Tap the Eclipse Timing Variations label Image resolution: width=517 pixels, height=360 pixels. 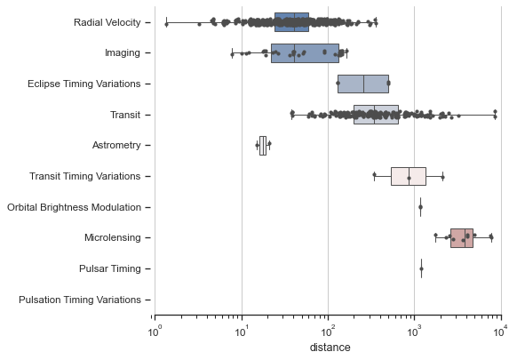click(84, 84)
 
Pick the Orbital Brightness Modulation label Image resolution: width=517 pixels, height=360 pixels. click(75, 207)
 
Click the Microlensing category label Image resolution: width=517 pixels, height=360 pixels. click(109, 238)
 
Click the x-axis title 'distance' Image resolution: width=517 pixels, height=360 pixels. click(330, 348)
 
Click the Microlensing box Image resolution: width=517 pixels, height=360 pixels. click(462, 237)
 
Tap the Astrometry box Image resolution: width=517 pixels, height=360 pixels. click(262, 145)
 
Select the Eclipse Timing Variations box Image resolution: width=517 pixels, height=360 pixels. click(362, 84)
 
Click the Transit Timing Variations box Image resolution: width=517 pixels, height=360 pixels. click(408, 176)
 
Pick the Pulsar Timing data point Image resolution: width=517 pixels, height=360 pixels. click(421, 268)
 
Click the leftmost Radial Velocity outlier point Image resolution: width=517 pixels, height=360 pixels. click(166, 23)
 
